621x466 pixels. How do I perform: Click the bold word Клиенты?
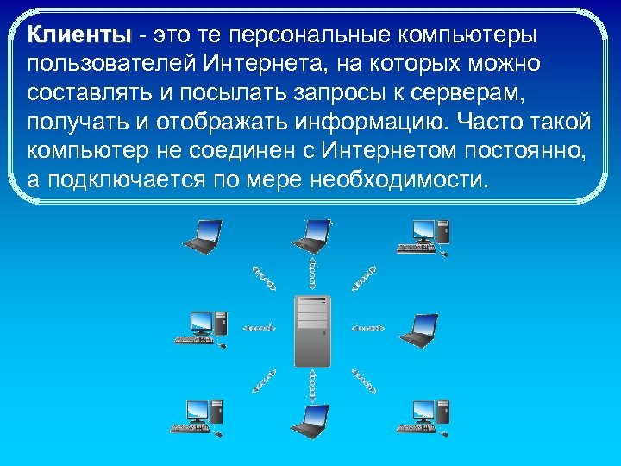click(78, 35)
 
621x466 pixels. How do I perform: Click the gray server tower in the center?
click(311, 330)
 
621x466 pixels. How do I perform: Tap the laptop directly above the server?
click(311, 234)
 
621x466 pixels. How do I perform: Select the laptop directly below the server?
click(311, 419)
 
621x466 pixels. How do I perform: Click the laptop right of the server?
click(422, 329)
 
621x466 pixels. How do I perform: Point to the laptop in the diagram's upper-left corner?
click(204, 236)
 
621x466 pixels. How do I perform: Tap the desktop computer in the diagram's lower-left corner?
click(204, 417)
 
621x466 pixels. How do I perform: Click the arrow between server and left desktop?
click(259, 328)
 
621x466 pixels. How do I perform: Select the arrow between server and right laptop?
click(369, 328)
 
